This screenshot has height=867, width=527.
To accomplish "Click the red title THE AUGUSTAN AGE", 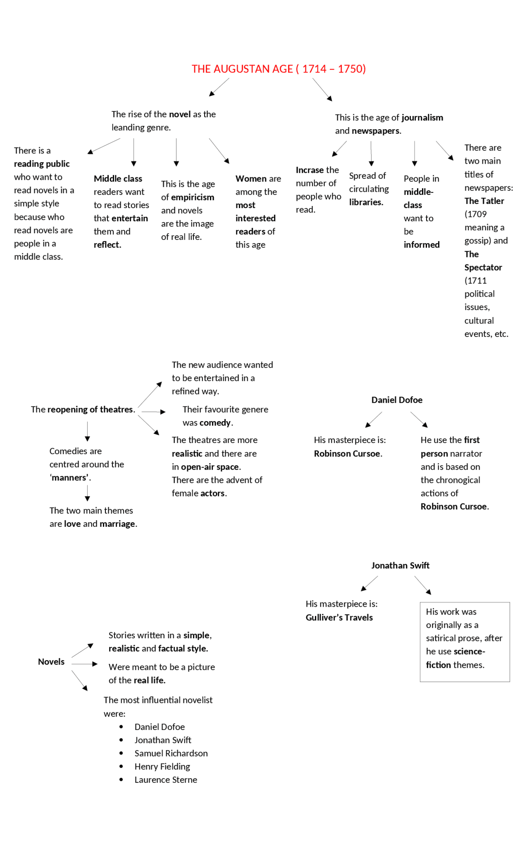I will click(x=278, y=69).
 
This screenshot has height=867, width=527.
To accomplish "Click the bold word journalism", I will click(x=422, y=118).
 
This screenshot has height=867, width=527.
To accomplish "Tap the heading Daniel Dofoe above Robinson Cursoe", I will click(x=396, y=400).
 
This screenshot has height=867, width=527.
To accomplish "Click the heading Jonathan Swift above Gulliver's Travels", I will click(x=400, y=566).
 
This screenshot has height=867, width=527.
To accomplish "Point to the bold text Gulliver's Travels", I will click(x=339, y=617).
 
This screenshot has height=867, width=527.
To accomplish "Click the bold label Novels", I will click(x=51, y=662).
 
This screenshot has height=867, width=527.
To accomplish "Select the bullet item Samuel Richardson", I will click(x=171, y=753).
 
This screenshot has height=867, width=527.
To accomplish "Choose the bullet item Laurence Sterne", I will click(x=166, y=779).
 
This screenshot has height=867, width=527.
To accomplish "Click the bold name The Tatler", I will click(x=484, y=201).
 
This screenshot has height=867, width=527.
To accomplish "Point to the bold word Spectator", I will click(x=483, y=268).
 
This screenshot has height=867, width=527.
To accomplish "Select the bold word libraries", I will click(x=366, y=202).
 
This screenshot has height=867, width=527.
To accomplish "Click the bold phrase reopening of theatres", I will click(x=90, y=410).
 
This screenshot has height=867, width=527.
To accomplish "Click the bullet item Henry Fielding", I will click(x=162, y=766).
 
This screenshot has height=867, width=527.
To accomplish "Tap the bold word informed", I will click(x=421, y=245).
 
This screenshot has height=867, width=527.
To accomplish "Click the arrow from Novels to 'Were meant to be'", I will click(x=84, y=664).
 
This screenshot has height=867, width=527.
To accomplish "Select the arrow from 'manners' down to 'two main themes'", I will click(x=87, y=493).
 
